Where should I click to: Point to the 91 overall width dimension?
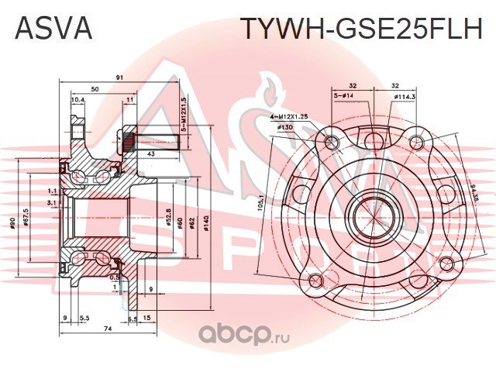pyautogui.click(x=119, y=77)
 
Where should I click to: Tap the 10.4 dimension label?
pyautogui.click(x=77, y=100)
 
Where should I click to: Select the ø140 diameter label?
pyautogui.click(x=206, y=224)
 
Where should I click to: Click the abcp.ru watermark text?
pyautogui.click(x=236, y=335)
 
